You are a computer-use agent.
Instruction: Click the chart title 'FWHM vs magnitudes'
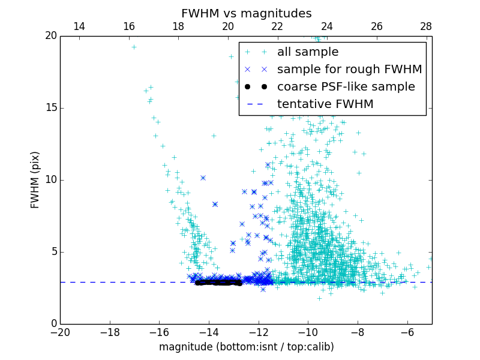point(246,13)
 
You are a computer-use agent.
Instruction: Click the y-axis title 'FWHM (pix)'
point(35,180)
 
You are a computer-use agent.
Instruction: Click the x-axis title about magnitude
point(246,347)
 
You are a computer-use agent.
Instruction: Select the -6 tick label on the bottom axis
point(407,332)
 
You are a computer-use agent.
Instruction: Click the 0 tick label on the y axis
point(53,324)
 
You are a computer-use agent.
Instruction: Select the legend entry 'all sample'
point(307,52)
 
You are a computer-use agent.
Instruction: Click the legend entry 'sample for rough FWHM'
point(349,70)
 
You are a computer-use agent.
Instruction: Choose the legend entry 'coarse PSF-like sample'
point(346,87)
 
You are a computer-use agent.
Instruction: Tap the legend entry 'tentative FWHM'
point(325,104)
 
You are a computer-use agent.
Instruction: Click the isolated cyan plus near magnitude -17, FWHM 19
point(134,47)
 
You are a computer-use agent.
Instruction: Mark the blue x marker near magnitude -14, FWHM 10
point(203,178)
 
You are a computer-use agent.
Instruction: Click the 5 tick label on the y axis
point(53,252)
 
